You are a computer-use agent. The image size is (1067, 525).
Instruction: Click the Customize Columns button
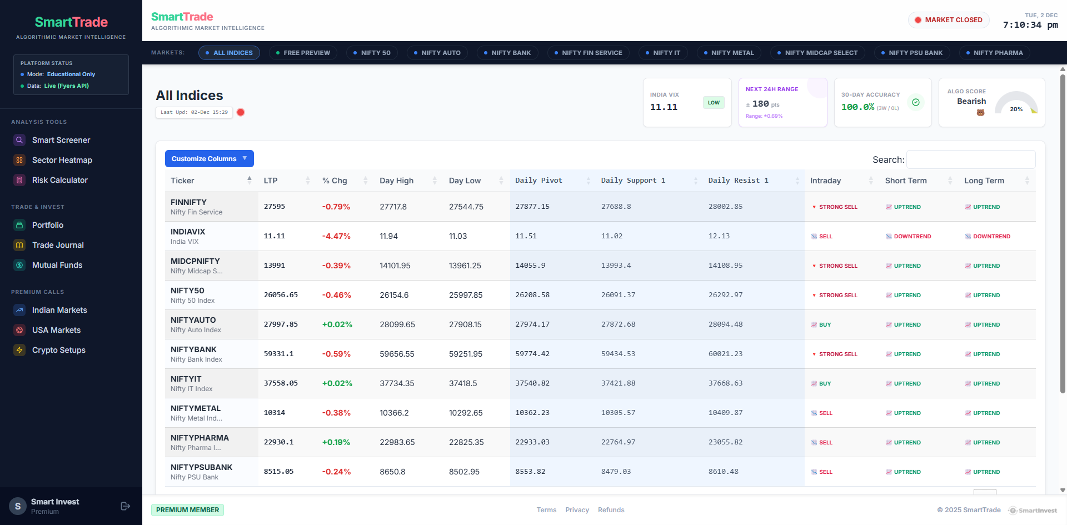209,159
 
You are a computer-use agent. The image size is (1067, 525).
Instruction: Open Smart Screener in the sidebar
61,140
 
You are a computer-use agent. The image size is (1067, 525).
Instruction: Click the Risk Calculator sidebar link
59,180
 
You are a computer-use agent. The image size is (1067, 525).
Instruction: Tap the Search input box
970,159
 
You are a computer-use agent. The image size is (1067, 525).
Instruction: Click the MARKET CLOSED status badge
949,20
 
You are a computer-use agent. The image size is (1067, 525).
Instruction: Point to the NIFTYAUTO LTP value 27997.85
281,324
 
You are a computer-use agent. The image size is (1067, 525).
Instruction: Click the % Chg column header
335,181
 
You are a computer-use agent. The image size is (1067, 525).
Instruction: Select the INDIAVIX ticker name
188,232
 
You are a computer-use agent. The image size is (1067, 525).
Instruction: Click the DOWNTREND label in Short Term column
912,237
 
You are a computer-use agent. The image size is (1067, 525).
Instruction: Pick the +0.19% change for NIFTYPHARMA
336,442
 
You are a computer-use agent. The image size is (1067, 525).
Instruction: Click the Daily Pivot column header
539,181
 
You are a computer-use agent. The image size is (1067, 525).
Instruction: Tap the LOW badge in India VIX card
714,103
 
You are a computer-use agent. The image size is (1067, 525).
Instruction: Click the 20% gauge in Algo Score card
1016,106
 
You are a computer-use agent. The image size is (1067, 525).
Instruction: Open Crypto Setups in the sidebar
58,350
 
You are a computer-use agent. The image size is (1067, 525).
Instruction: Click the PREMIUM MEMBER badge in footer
187,510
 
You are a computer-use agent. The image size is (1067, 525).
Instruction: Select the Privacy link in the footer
577,510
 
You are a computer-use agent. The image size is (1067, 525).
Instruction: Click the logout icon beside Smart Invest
125,506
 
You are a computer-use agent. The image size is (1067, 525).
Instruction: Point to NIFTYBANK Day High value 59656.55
397,354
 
